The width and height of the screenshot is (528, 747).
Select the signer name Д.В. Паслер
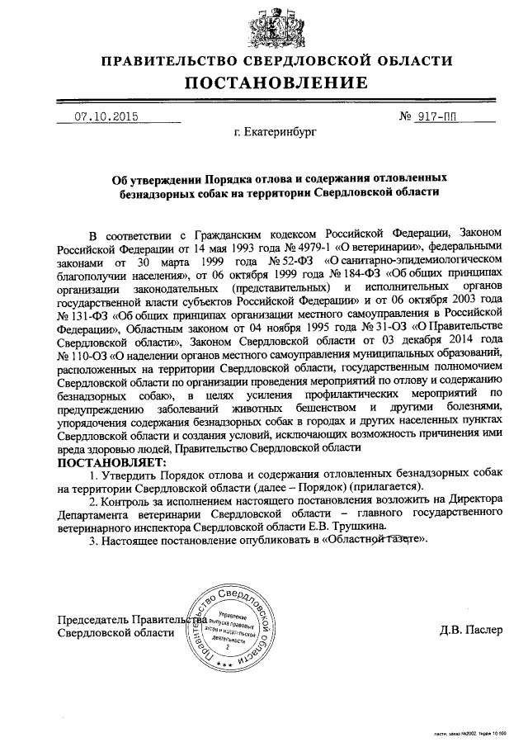point(470,631)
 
